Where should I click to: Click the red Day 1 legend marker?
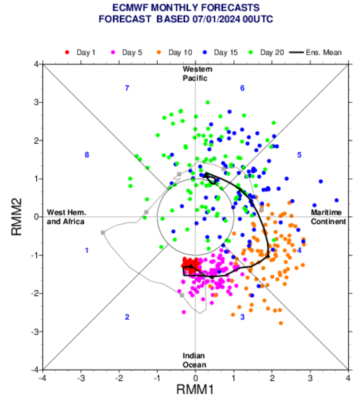67,53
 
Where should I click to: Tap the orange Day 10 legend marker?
159,53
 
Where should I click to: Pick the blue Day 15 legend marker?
205,53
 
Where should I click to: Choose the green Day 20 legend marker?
251,53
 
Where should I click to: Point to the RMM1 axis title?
195,390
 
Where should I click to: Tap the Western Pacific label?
195,73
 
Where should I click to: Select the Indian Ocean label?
194,360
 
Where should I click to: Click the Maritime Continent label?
328,217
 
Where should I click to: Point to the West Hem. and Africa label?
66,217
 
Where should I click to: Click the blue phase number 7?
127,88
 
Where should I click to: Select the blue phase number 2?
127,317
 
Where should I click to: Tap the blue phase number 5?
299,155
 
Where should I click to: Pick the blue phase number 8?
87,155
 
